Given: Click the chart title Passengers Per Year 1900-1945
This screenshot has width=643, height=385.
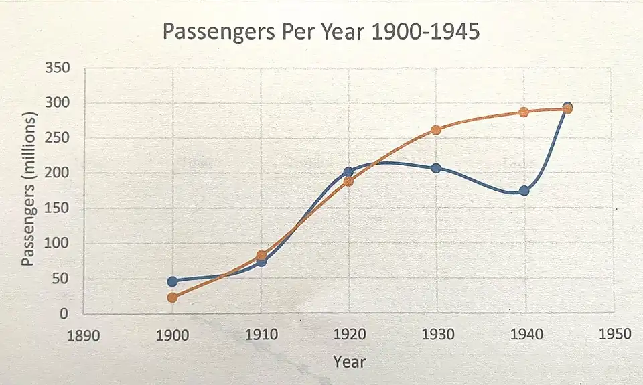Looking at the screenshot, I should coord(321,31).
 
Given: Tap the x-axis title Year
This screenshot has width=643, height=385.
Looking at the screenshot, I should coord(350,362).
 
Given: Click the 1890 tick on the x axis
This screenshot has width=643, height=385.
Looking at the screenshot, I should coord(84,334).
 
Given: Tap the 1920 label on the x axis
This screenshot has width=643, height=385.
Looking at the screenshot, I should coord(349,334).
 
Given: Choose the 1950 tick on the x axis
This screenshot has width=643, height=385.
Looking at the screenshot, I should coord(614,334).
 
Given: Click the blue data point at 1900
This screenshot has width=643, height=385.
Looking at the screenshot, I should coord(173,281).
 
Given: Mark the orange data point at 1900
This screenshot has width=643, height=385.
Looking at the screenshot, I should coord(173,297).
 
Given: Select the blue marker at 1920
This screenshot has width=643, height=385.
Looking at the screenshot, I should coord(348,172).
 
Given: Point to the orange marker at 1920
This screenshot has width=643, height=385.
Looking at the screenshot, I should coord(348,181).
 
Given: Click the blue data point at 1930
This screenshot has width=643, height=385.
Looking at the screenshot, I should coord(436,168).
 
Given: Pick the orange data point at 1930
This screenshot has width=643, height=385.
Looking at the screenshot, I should coord(436,130).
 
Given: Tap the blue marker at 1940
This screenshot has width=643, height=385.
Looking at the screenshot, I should coord(524,191).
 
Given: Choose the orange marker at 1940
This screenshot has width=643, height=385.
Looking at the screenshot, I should coord(524,112).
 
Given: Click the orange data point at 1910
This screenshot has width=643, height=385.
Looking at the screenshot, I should coord(261,255).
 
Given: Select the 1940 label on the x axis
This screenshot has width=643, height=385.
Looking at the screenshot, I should coord(525,334).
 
